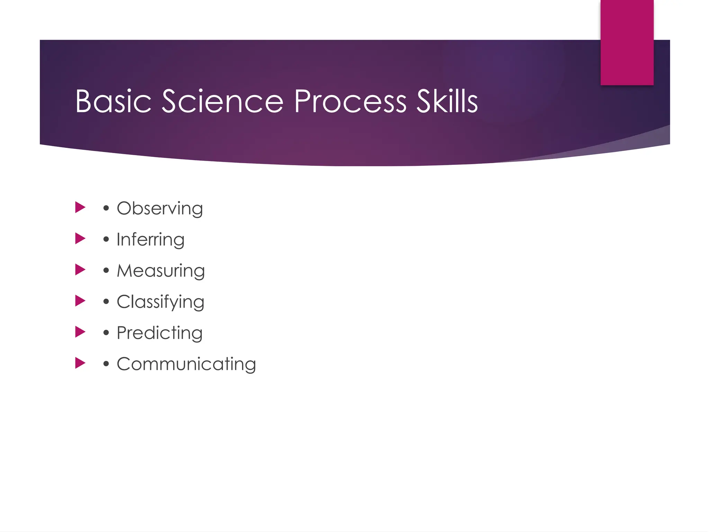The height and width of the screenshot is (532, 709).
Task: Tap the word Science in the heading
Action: click(223, 101)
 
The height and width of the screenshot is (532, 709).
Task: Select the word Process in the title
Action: click(350, 101)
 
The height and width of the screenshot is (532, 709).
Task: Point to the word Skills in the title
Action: click(447, 101)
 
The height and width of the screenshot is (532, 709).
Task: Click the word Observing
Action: click(160, 209)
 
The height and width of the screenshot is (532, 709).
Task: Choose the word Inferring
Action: click(150, 240)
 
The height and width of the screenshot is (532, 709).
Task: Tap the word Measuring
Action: click(161, 271)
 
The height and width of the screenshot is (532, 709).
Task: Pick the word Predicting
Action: click(159, 333)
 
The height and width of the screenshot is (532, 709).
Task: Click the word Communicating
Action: click(186, 364)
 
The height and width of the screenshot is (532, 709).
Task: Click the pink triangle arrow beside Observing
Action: click(80, 207)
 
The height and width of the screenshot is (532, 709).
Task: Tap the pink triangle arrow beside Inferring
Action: click(80, 238)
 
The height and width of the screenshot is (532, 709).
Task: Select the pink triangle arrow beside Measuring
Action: click(80, 269)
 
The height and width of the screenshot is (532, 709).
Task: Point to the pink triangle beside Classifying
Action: click(80, 301)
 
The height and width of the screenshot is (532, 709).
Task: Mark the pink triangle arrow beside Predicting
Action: click(80, 332)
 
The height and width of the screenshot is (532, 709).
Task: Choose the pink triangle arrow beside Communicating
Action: click(80, 363)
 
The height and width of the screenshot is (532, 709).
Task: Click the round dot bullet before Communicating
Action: click(106, 364)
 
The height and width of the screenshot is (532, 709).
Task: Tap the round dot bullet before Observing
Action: click(106, 209)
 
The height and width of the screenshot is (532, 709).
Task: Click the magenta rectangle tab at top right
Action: click(627, 42)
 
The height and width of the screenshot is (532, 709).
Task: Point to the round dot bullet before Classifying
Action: click(106, 302)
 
